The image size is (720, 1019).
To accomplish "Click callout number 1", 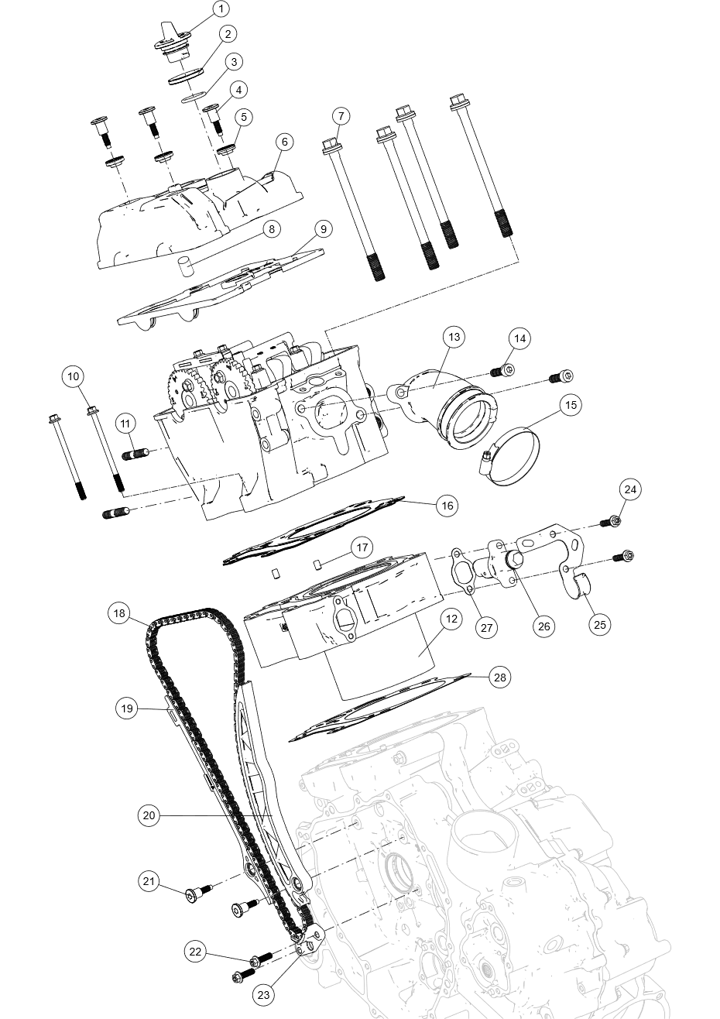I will pyautogui.click(x=221, y=9).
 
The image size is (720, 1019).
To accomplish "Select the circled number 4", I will pyautogui.click(x=238, y=90).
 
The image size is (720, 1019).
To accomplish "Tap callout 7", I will pyautogui.click(x=341, y=116).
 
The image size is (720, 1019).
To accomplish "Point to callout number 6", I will pyautogui.click(x=284, y=142).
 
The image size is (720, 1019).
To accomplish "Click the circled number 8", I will pyautogui.click(x=271, y=229).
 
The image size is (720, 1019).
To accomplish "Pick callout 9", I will pyautogui.click(x=324, y=229).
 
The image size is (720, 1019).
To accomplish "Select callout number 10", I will pyautogui.click(x=73, y=377).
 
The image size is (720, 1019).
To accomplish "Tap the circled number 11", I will pyautogui.click(x=125, y=424).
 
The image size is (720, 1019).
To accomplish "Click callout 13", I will pyautogui.click(x=454, y=337).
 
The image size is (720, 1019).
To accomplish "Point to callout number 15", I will pyautogui.click(x=571, y=405).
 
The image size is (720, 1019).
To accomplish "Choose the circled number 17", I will pyautogui.click(x=362, y=548).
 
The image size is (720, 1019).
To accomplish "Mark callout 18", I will pyautogui.click(x=118, y=613).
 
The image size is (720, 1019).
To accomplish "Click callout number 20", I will pyautogui.click(x=149, y=815).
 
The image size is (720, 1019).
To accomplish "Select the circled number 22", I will pyautogui.click(x=195, y=952).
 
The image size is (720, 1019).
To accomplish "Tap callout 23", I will pyautogui.click(x=263, y=995).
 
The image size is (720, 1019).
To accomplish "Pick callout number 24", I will pyautogui.click(x=630, y=489).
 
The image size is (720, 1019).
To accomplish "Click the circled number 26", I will pyautogui.click(x=544, y=627).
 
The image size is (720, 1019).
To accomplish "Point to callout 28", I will pyautogui.click(x=500, y=678).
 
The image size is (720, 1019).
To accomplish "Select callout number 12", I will pyautogui.click(x=451, y=619).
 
